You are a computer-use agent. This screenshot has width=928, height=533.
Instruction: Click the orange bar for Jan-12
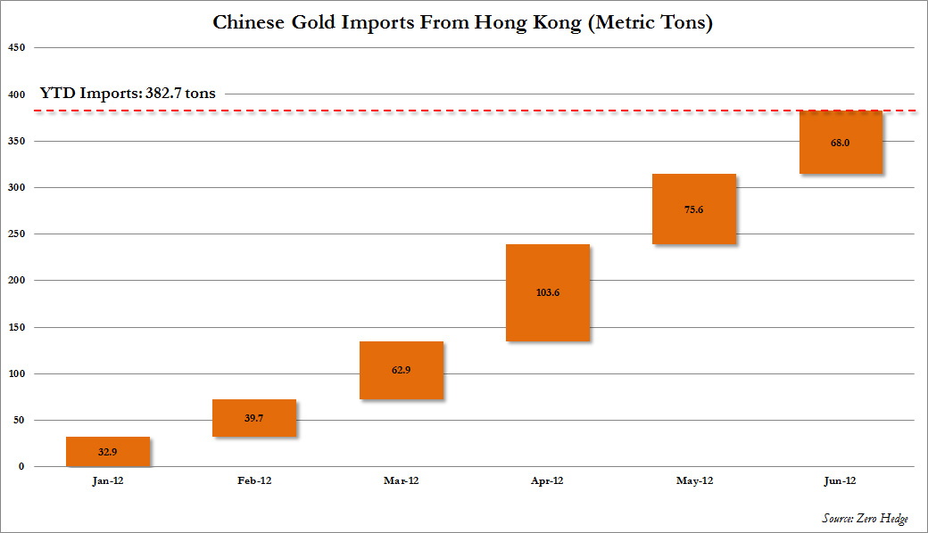(108, 451)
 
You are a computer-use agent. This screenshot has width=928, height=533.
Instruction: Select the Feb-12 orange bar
(254, 418)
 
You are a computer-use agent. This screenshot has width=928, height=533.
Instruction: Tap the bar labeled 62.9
(402, 370)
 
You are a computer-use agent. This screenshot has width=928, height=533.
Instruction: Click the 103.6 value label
(548, 293)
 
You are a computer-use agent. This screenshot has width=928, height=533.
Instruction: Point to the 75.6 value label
(694, 209)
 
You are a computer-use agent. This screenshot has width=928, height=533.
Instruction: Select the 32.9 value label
(108, 452)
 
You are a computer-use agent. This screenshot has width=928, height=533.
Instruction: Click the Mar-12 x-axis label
(402, 480)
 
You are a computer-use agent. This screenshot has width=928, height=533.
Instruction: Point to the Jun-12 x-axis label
(841, 480)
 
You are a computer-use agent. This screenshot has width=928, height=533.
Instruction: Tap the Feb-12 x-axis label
(254, 480)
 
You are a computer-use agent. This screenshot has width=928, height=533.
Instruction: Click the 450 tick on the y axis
(15, 48)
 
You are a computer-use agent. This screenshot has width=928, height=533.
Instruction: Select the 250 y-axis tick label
(15, 234)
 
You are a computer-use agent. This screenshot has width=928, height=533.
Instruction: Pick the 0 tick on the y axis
(21, 467)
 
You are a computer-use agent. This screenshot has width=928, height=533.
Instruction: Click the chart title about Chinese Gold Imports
(462, 22)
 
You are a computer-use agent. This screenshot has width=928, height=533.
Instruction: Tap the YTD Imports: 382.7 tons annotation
(127, 93)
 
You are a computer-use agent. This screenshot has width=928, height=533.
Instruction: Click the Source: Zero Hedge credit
(865, 519)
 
